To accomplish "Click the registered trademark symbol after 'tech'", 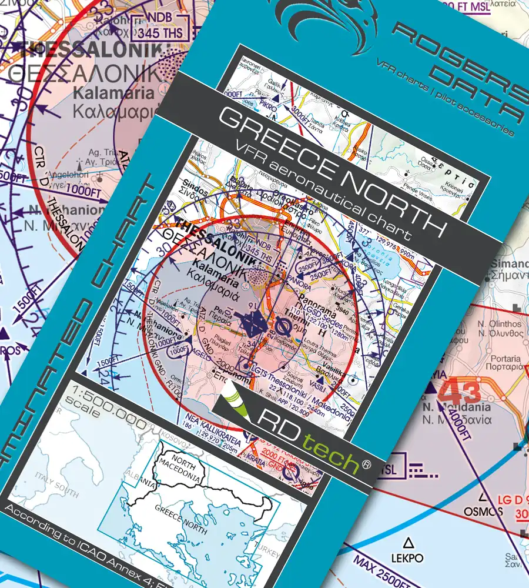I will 367,465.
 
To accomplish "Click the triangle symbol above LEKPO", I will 407,540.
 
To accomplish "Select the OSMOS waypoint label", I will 484,510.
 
